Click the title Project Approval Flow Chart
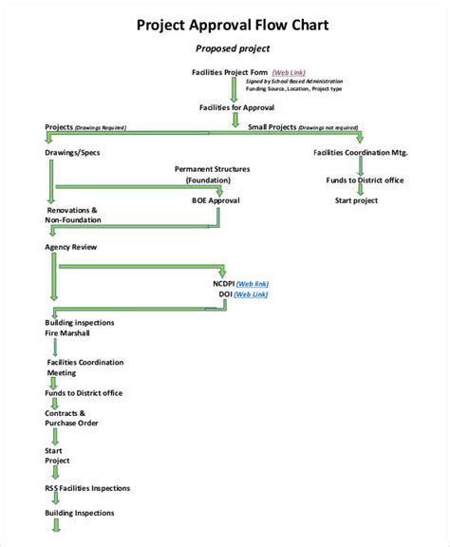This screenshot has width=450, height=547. pyautogui.click(x=233, y=25)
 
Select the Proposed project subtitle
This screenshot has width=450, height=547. pyautogui.click(x=233, y=48)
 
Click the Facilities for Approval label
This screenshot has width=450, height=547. pyautogui.click(x=233, y=107)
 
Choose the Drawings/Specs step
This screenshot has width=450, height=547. pyautogui.click(x=72, y=152)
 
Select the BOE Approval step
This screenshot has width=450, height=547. pyautogui.click(x=216, y=200)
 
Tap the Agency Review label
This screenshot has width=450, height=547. pyautogui.click(x=70, y=247)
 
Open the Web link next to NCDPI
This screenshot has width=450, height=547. pyautogui.click(x=253, y=284)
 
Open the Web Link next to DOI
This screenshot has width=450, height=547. pyautogui.click(x=250, y=295)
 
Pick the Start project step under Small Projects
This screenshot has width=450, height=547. pyautogui.click(x=356, y=200)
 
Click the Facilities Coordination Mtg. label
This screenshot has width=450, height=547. pyautogui.click(x=359, y=152)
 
